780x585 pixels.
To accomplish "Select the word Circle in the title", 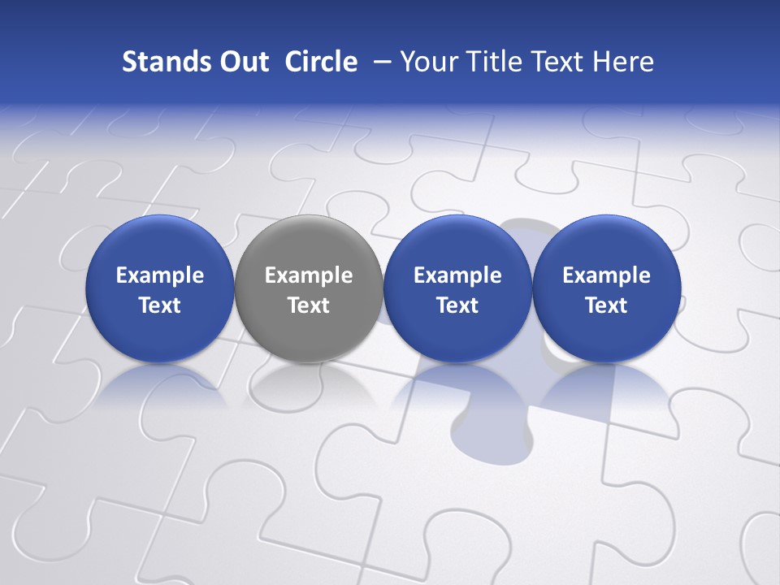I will tap(321, 62).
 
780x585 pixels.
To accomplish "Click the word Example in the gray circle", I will tap(309, 275).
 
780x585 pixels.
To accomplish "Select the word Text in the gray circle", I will tap(309, 305).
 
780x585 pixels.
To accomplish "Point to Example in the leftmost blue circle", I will tap(160, 275).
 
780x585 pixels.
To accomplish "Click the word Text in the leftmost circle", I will tap(160, 305).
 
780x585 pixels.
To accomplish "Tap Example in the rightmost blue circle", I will tap(606, 275).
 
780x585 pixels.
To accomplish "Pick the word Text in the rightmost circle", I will tap(606, 305).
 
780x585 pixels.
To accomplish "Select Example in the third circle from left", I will tap(457, 275).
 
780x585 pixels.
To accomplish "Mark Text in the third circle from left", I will tap(457, 305).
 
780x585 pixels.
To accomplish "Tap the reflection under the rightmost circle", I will tap(606, 382).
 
